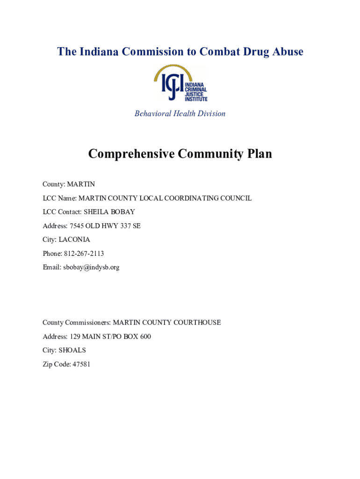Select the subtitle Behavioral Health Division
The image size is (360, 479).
click(x=180, y=114)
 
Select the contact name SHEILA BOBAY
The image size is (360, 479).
click(x=109, y=212)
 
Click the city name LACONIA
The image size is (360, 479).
click(x=74, y=239)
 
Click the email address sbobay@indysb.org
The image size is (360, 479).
click(x=92, y=268)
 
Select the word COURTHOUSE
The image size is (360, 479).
click(x=199, y=323)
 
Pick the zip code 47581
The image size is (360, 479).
click(x=81, y=364)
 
